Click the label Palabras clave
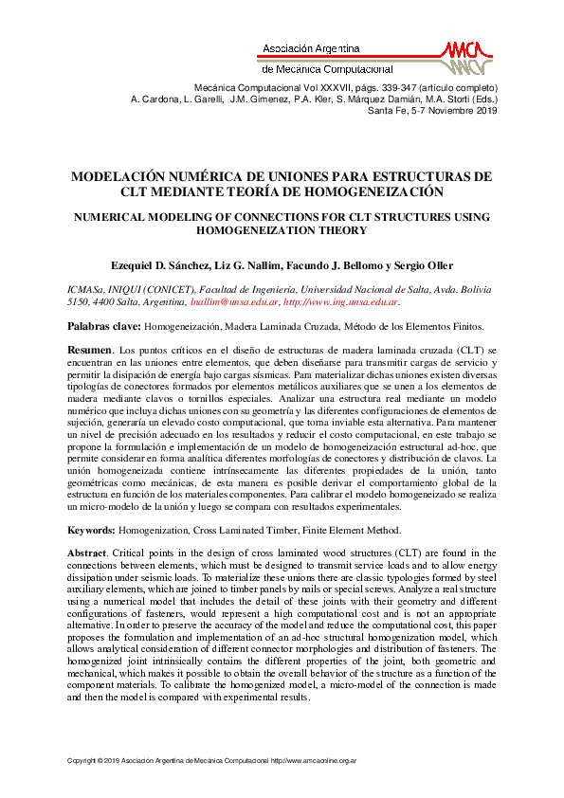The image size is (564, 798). pos(102,326)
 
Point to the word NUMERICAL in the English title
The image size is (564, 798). pos(108,217)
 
